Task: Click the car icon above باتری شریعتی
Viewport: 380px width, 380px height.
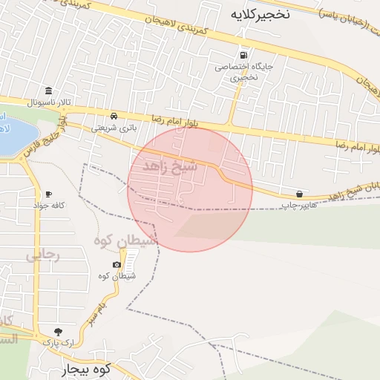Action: pyautogui.click(x=114, y=116)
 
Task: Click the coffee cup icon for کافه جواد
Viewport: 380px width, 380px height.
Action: pyautogui.click(x=48, y=193)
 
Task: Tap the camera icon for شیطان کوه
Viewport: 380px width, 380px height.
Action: pyautogui.click(x=117, y=265)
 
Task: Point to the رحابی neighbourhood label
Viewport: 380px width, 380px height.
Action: pyautogui.click(x=42, y=255)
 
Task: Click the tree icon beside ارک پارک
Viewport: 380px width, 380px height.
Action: pyautogui.click(x=58, y=331)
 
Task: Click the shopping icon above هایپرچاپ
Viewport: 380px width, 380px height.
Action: pyautogui.click(x=299, y=193)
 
